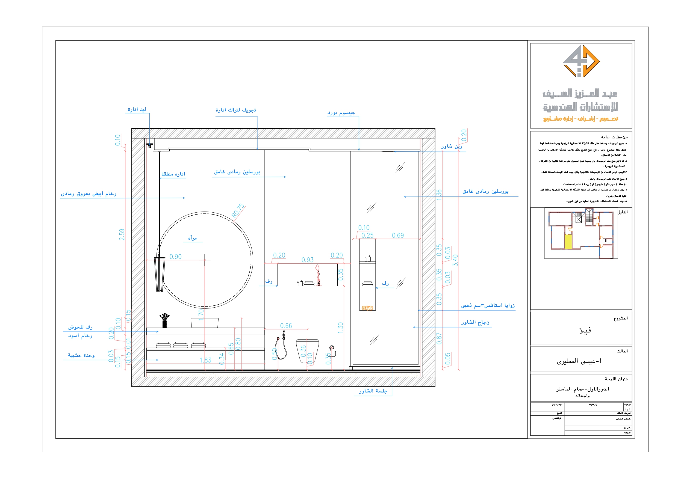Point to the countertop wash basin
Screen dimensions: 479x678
coord(204,323)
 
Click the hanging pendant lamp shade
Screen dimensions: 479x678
coord(160,275)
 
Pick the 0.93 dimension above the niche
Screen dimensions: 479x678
coord(307,260)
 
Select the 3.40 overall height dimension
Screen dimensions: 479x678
coord(455,260)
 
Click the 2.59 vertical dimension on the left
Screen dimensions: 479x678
coord(122,234)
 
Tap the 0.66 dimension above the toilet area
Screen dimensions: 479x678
coord(286,326)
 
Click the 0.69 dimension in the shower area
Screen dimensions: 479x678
coord(398,235)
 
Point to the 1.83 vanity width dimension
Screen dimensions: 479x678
coord(205,360)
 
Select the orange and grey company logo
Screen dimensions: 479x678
coord(581,61)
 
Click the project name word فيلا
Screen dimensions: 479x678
coord(585,330)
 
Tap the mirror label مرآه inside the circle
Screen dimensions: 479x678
coord(193,238)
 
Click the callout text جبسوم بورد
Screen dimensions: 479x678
coord(341,113)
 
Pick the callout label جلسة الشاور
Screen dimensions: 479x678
coord(373,391)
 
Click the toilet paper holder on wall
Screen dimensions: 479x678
coord(332,352)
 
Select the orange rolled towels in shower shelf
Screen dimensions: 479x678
coord(367,308)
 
